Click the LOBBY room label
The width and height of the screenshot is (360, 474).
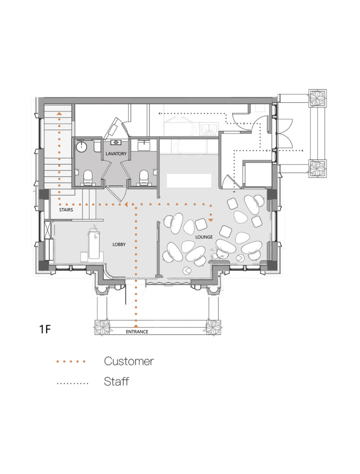tap(119, 244)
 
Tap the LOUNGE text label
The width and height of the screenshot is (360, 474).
tap(204, 237)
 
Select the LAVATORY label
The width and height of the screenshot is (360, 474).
tap(113, 153)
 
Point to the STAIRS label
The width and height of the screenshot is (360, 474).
tap(66, 210)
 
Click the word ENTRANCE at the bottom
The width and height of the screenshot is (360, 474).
tap(137, 332)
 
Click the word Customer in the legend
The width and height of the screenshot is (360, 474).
tap(129, 361)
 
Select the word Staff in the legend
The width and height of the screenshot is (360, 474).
tap(116, 382)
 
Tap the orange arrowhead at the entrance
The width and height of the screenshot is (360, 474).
tap(136, 326)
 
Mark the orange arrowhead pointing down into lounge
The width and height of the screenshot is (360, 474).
tap(211, 219)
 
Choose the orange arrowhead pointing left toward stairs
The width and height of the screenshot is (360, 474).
tap(124, 204)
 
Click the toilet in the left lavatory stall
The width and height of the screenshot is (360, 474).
tap(87, 176)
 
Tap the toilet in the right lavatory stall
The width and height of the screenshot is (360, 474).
tap(144, 176)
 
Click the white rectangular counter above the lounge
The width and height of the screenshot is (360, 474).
tap(189, 181)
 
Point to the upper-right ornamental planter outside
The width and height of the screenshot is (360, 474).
tap(318, 98)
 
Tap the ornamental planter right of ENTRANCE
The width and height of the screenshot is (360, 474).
tap(214, 327)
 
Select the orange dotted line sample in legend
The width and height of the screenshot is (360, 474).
tap(71, 361)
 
